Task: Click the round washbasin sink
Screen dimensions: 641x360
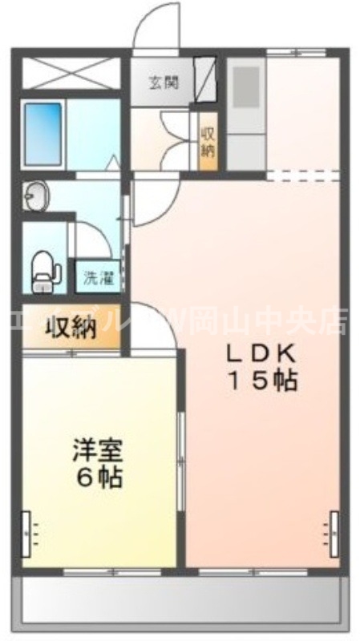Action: pyautogui.click(x=35, y=196)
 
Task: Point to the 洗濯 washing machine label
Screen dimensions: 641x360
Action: pyautogui.click(x=99, y=279)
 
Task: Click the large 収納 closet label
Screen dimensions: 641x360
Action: pyautogui.click(x=71, y=327)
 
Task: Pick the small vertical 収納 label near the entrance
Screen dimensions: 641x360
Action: pyautogui.click(x=208, y=143)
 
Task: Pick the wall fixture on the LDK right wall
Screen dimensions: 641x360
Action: pyautogui.click(x=331, y=529)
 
